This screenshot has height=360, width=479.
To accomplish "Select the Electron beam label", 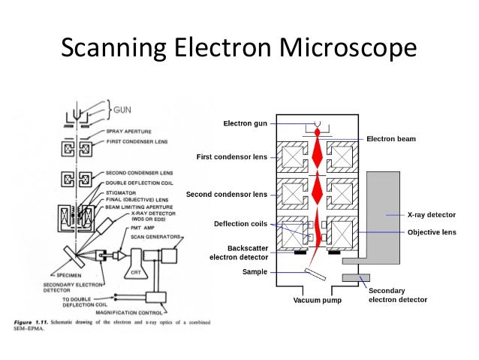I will click(x=390, y=139).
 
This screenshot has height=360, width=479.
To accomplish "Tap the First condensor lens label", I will click(x=232, y=157).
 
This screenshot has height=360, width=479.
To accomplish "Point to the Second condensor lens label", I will click(x=227, y=194).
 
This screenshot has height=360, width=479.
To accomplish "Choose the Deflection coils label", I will click(x=241, y=224).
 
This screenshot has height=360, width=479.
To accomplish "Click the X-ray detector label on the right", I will click(x=431, y=215).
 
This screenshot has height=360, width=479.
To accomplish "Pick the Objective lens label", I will click(x=432, y=232).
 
